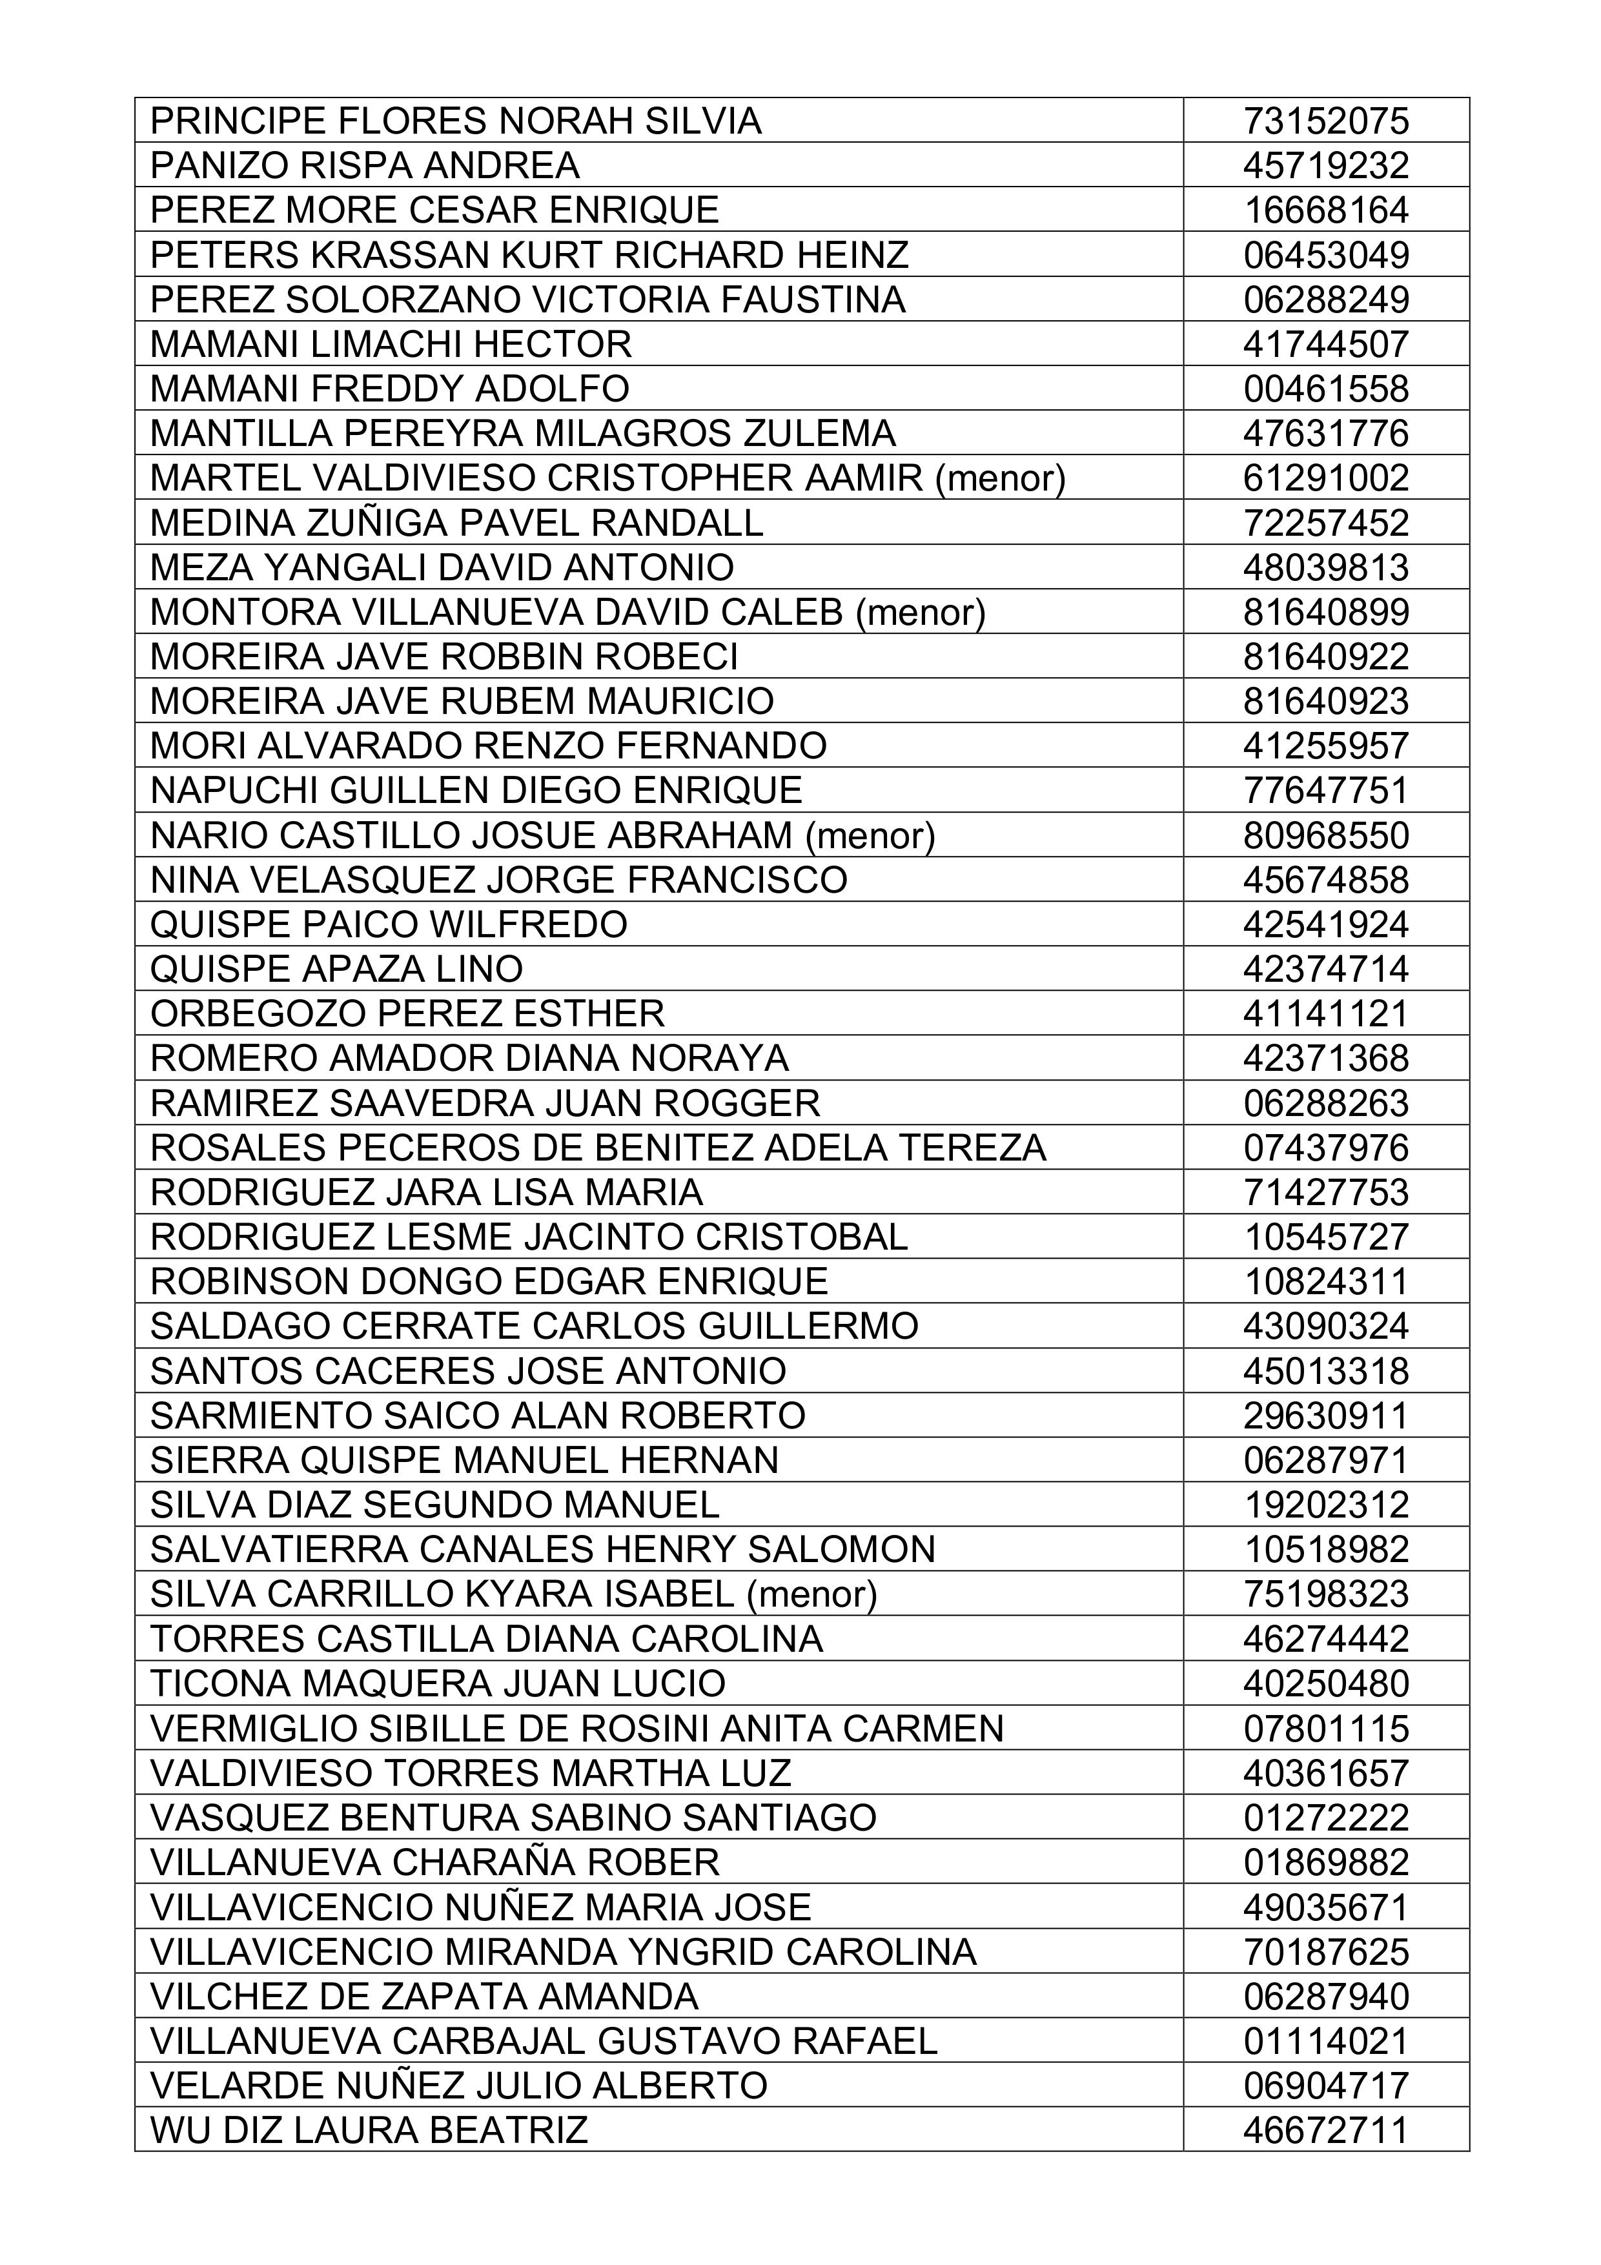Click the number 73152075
1326,121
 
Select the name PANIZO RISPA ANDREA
365,166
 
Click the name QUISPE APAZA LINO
336,970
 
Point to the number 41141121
1326,1014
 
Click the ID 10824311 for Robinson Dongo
1326,1281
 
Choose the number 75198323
1326,1594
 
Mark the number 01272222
1326,1817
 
